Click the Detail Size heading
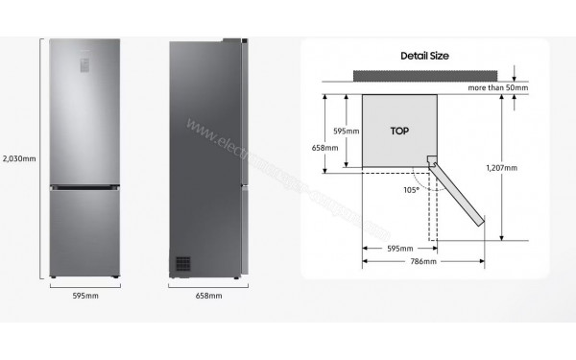pyautogui.click(x=423, y=56)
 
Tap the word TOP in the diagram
pyautogui.click(x=400, y=129)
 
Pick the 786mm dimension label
pyautogui.click(x=423, y=261)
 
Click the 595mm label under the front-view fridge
pyautogui.click(x=85, y=296)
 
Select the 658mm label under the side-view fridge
pyautogui.click(x=207, y=296)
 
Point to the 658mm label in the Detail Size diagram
pyautogui.click(x=327, y=148)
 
